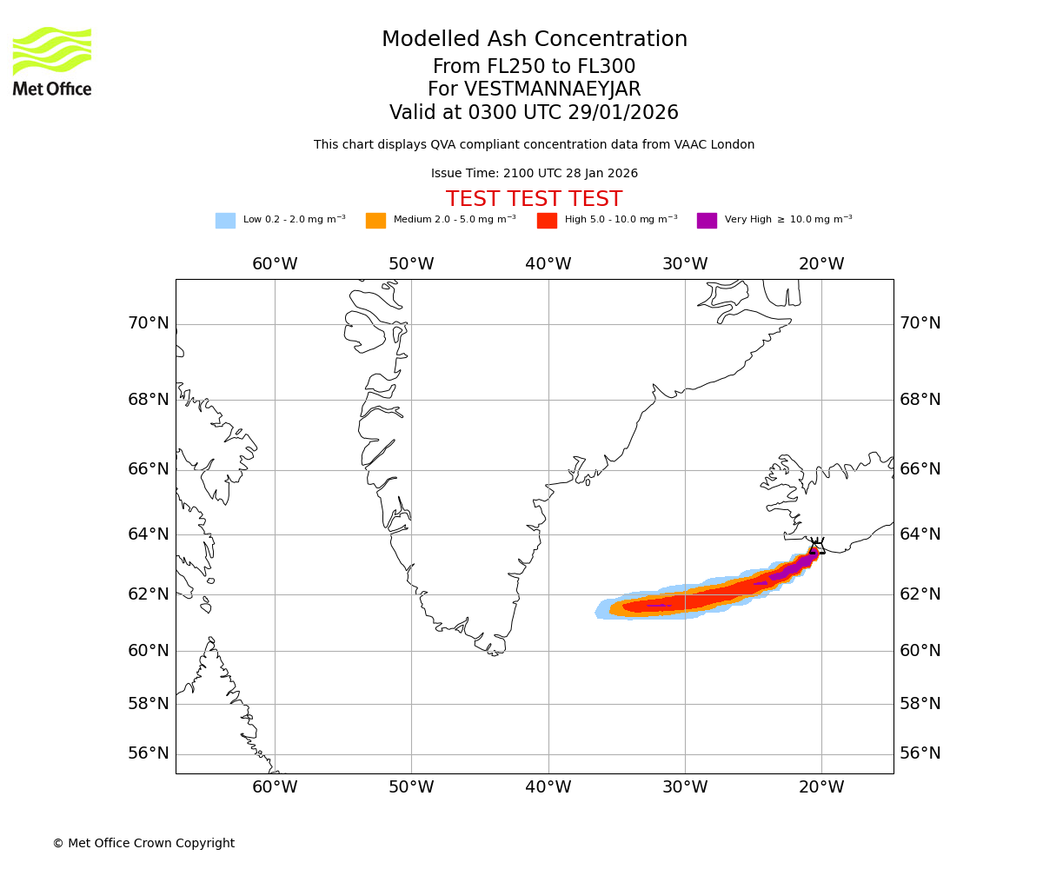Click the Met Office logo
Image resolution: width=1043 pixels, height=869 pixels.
point(52,62)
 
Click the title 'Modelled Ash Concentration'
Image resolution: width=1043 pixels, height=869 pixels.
point(535,39)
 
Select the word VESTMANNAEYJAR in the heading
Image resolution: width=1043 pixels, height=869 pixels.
point(553,90)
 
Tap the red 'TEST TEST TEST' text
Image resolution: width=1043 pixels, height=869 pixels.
point(534,199)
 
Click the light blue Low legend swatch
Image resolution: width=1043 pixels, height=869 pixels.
point(225,221)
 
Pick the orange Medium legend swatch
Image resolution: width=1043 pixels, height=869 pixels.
point(375,221)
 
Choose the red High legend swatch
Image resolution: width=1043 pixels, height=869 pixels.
point(547,221)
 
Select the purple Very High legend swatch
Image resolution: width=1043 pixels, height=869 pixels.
point(707,221)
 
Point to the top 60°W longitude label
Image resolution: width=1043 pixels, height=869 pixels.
point(275,264)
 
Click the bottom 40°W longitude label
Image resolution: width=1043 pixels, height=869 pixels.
point(548,787)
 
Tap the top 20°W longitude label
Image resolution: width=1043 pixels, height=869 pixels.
point(821,264)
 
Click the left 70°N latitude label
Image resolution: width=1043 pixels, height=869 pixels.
point(149,323)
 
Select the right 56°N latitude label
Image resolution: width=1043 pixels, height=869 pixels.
point(920,753)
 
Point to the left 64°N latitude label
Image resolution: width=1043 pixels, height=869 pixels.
point(149,534)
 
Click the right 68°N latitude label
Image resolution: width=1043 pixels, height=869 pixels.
point(920,400)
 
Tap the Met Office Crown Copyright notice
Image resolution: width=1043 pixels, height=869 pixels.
point(143,843)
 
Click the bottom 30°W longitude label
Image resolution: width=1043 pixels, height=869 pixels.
point(685,787)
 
